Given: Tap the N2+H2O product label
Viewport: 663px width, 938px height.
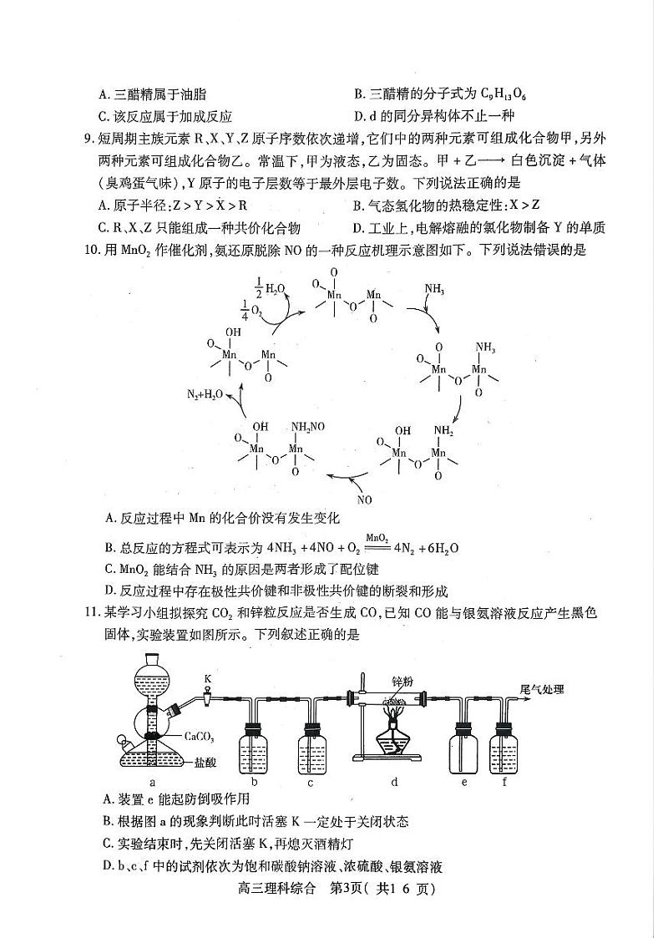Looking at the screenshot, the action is click(x=203, y=393).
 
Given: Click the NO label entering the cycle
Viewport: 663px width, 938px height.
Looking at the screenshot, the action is click(x=364, y=499).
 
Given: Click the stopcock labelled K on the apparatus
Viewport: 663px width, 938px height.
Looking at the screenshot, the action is click(x=207, y=677).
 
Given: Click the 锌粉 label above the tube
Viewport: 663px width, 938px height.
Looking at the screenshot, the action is click(x=402, y=682).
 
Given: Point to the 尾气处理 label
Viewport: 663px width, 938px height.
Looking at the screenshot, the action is click(x=542, y=689).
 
